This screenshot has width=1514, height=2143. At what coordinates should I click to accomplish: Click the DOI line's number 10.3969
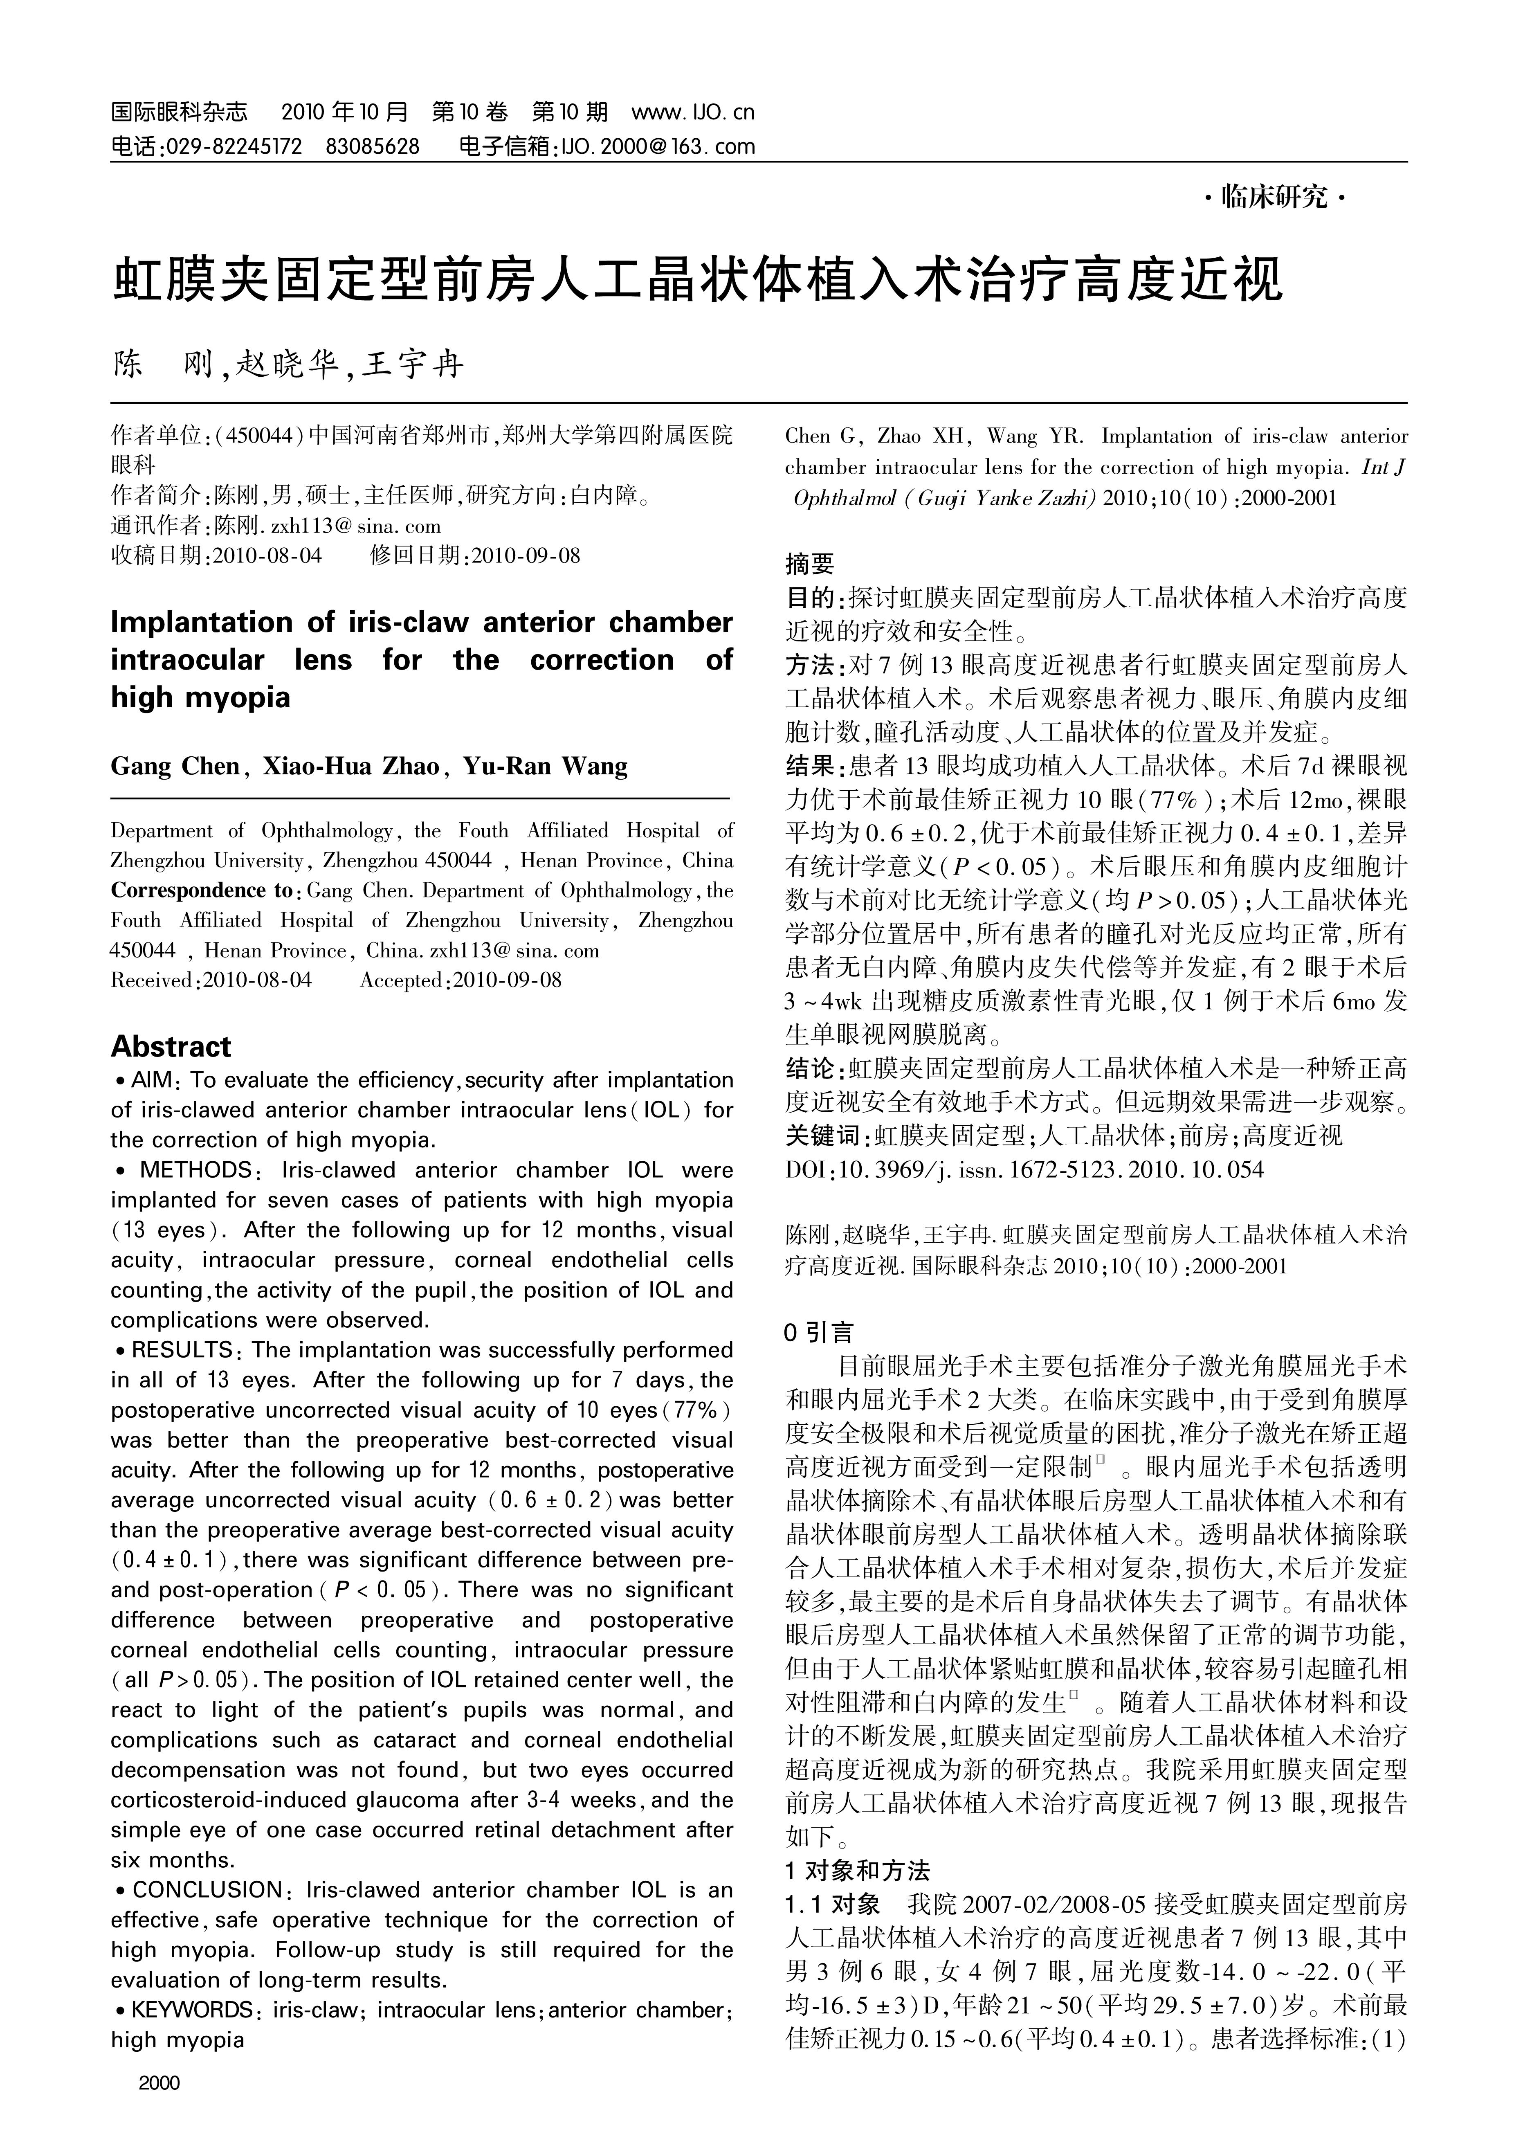click(875, 1169)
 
